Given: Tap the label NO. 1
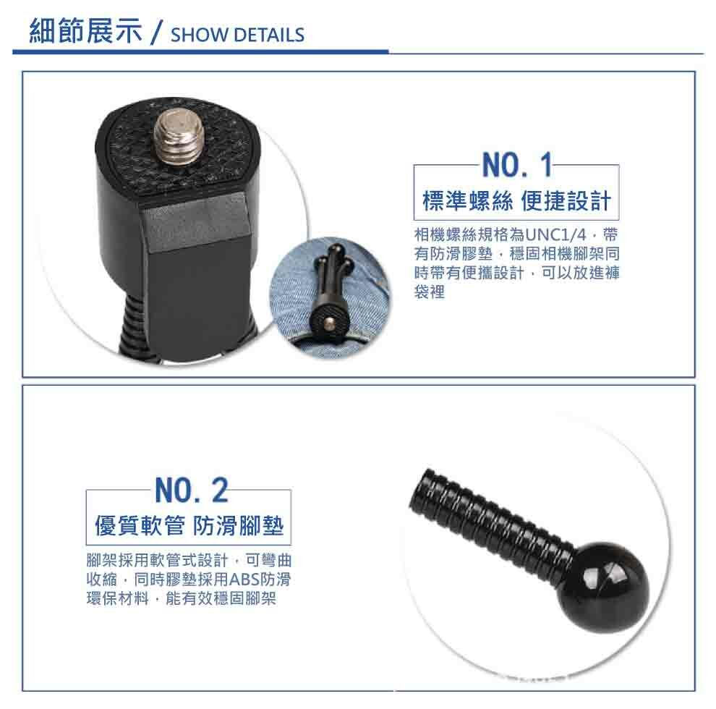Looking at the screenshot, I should tap(516, 167).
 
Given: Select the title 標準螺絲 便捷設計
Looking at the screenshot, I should tap(516, 201).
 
